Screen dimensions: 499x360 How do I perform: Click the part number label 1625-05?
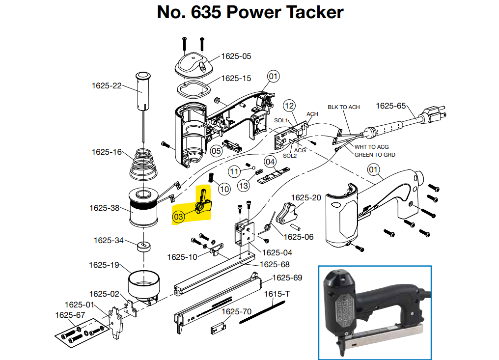pyautogui.click(x=236, y=56)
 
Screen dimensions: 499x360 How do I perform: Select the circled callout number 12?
pyautogui.click(x=289, y=106)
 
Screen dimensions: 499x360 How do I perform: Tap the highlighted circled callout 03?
pyautogui.click(x=178, y=217)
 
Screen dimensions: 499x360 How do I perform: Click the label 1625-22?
pyautogui.click(x=107, y=86)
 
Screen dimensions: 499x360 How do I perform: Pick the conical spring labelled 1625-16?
pyautogui.click(x=143, y=164)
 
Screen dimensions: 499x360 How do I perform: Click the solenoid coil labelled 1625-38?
pyautogui.click(x=143, y=207)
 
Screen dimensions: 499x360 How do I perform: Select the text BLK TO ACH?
pyautogui.click(x=344, y=107)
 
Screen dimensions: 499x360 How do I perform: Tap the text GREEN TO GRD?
pyautogui.click(x=375, y=155)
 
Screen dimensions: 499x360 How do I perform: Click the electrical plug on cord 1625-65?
pyautogui.click(x=434, y=114)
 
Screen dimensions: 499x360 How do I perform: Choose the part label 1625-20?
pyautogui.click(x=306, y=197)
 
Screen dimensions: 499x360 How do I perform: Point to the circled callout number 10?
pyautogui.click(x=224, y=190)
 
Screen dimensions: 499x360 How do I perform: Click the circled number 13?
pyautogui.click(x=244, y=186)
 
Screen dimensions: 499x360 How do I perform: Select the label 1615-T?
pyautogui.click(x=277, y=294)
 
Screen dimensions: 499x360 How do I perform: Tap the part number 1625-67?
pyautogui.click(x=70, y=315)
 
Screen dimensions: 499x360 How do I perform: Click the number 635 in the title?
pyautogui.click(x=206, y=12)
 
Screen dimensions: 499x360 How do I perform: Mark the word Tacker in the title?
pyautogui.click(x=315, y=12)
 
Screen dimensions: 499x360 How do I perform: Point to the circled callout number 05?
pyautogui.click(x=216, y=151)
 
